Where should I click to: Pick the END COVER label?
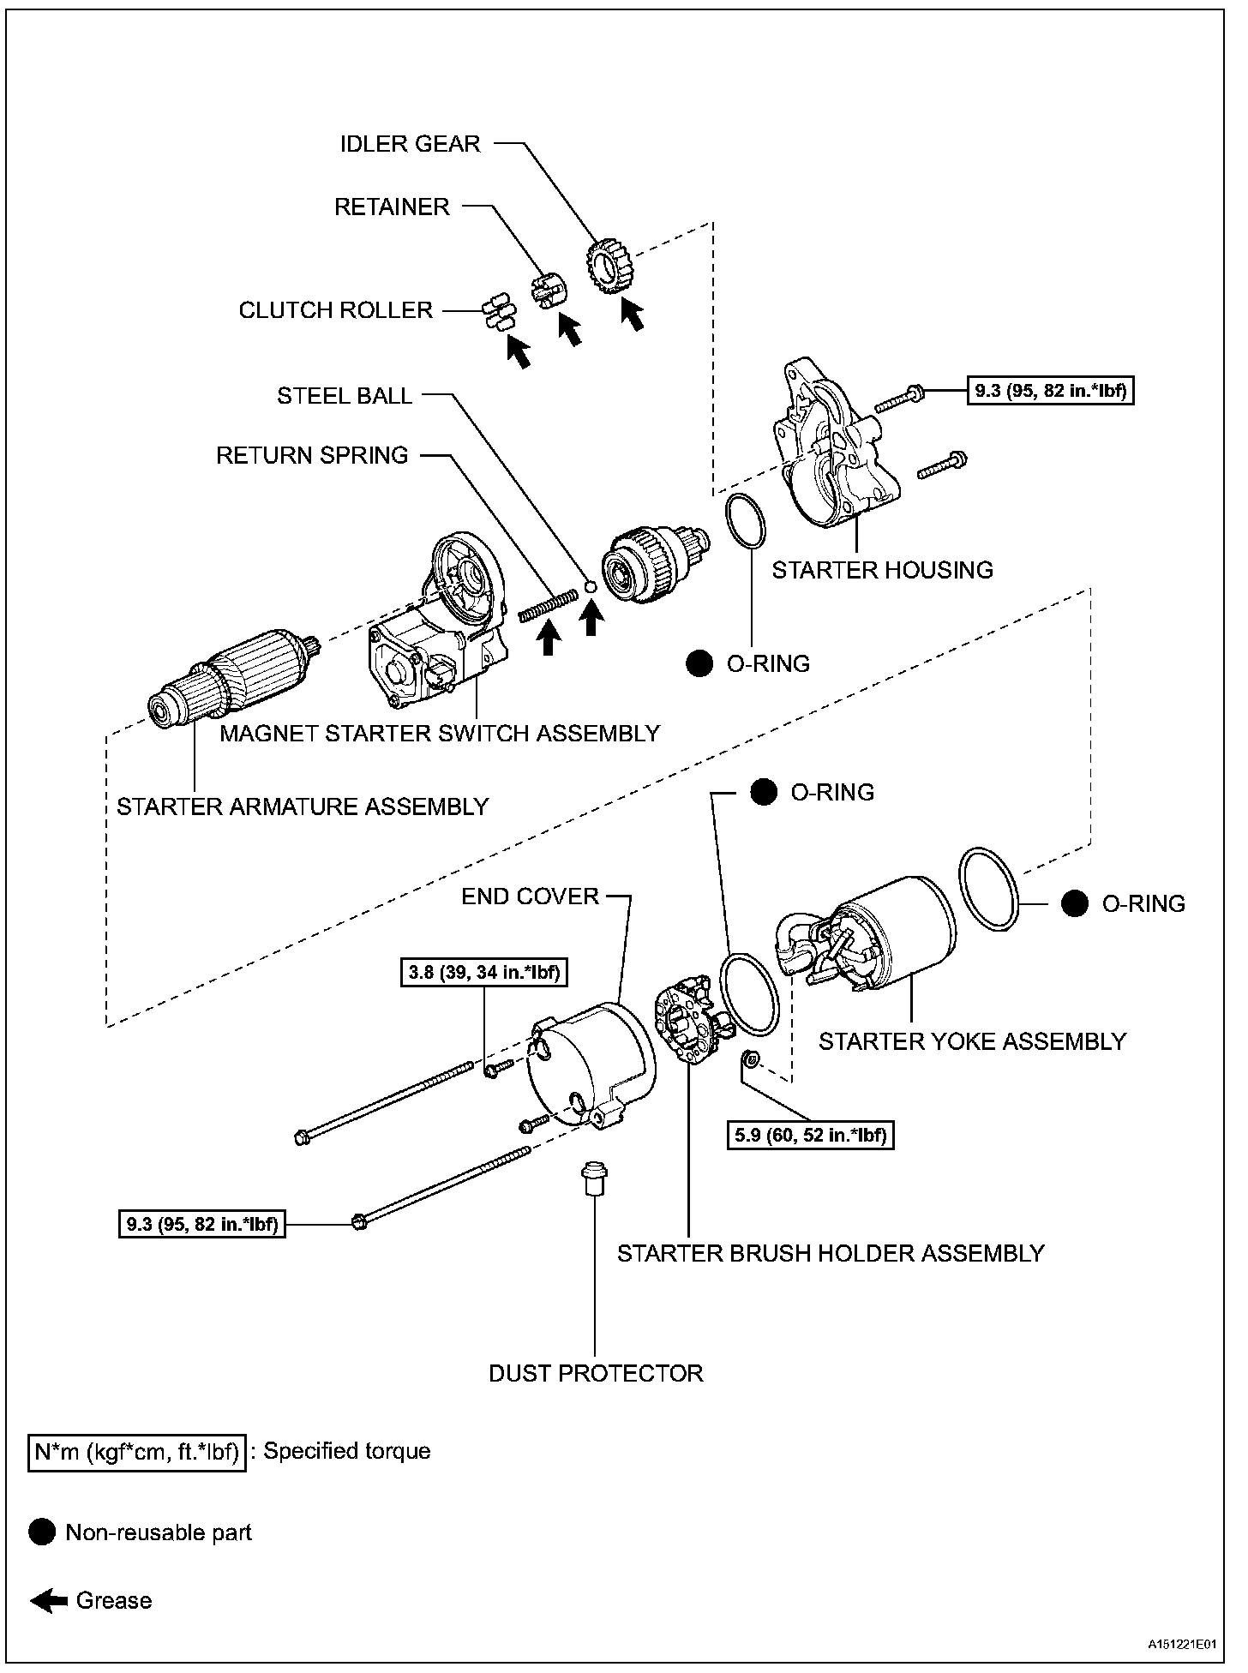(x=530, y=896)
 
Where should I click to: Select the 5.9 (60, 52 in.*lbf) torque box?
(x=811, y=1136)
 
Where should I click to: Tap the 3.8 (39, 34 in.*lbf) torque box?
(x=485, y=973)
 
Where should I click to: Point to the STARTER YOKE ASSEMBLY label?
(x=972, y=1041)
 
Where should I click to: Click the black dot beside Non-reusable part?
(x=41, y=1532)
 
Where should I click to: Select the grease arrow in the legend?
(x=49, y=1601)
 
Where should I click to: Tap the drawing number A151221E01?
(x=1183, y=1645)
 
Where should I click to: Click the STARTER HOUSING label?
(x=882, y=570)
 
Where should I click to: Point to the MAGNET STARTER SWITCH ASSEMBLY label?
(x=440, y=734)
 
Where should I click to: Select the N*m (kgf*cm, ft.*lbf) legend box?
(x=137, y=1451)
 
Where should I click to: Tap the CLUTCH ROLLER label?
(x=335, y=310)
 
